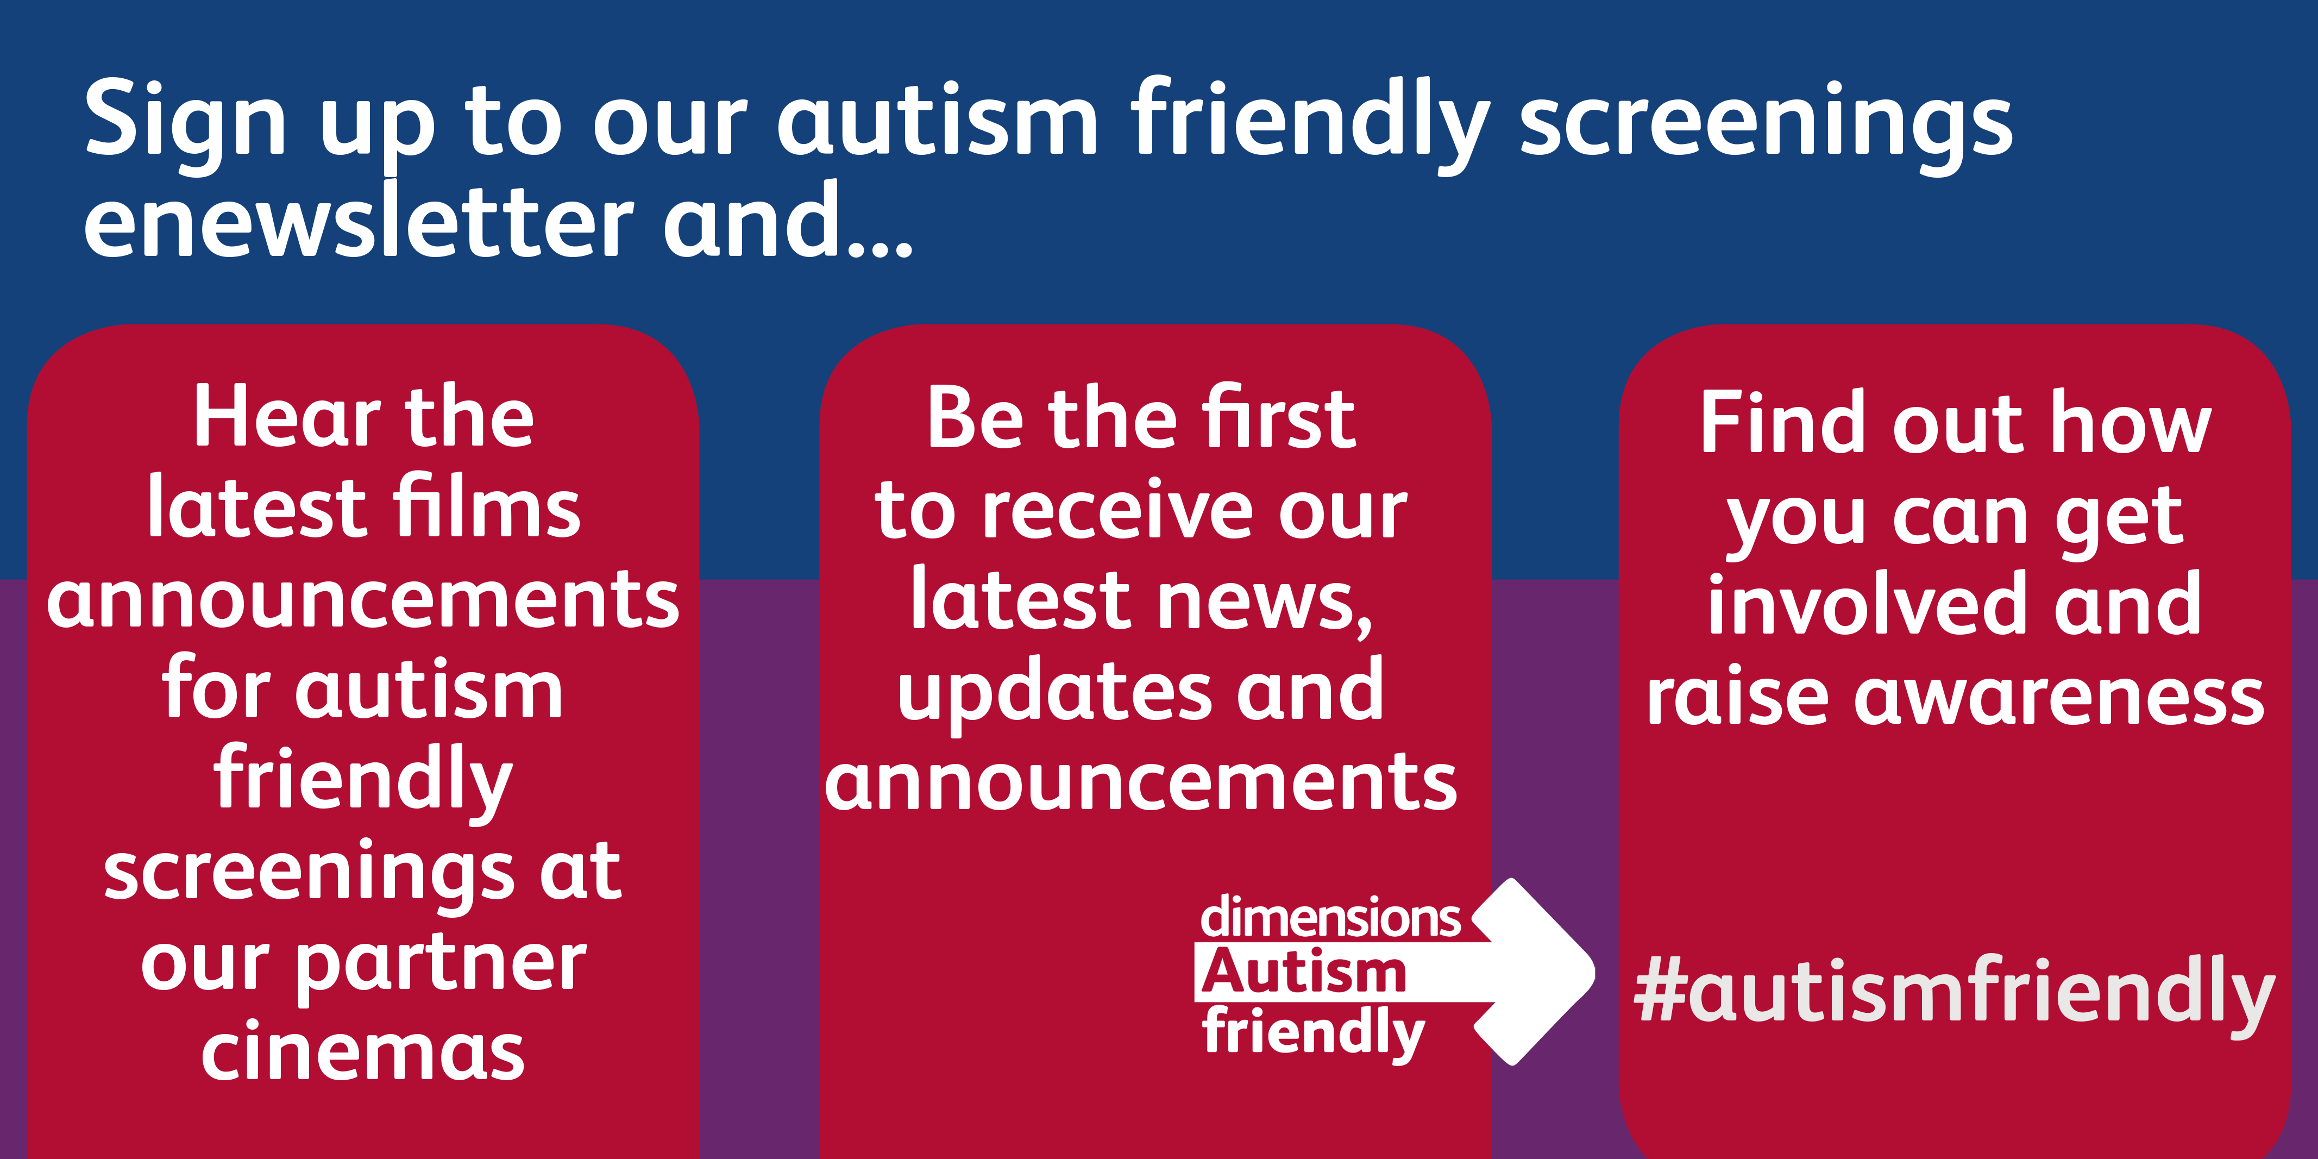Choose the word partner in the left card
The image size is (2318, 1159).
click(441, 967)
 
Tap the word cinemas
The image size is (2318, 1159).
click(363, 1053)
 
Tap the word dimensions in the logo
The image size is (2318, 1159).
click(1330, 917)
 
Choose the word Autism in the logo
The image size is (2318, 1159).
click(1304, 972)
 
